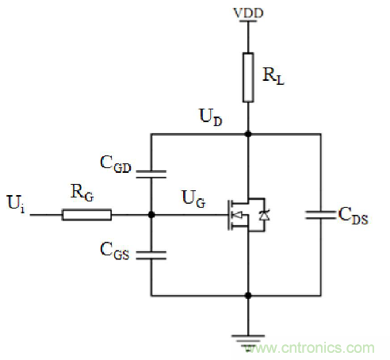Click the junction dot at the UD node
tap(249, 135)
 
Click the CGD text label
tap(117, 165)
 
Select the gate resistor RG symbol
tap(87, 214)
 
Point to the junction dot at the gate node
tap(151, 214)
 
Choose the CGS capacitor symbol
tap(151, 254)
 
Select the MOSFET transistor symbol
tap(242, 215)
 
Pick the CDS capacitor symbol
tap(321, 215)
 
